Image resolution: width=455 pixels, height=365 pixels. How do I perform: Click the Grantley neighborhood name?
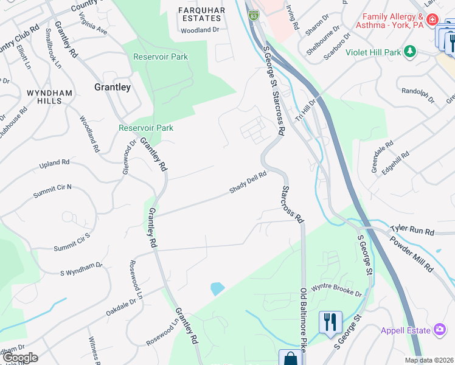113,87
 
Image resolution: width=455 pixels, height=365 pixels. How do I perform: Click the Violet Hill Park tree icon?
411,52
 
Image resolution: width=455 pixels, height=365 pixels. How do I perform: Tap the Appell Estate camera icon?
440,330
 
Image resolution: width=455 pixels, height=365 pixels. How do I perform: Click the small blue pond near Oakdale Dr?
217,288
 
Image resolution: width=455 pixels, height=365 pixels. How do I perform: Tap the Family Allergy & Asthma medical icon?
432,19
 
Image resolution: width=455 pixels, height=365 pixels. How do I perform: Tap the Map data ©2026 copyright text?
429,360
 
